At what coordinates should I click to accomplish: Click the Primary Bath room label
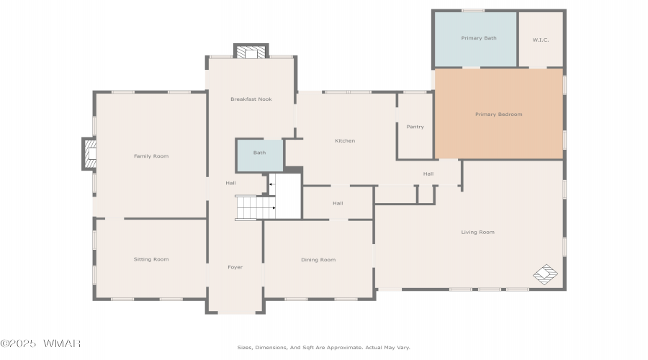479,38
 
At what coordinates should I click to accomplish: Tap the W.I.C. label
541,40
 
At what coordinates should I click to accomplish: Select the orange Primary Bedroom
499,114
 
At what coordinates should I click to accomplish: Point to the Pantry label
415,127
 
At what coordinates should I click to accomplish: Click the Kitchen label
345,141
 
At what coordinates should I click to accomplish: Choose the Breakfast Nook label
251,99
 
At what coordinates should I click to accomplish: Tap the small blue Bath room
260,156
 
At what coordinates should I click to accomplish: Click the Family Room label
151,156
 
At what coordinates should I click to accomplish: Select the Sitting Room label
151,260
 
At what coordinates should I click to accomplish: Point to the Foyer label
235,267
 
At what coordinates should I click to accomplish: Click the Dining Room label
318,260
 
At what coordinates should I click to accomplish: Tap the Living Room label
478,233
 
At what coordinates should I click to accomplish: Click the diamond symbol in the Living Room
545,274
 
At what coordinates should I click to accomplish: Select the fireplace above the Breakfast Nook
251,52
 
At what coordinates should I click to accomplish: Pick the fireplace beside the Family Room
89,154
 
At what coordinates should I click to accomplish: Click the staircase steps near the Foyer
256,207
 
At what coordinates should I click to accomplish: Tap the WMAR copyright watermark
40,343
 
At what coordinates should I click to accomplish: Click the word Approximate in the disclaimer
344,348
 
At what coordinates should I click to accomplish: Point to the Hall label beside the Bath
230,183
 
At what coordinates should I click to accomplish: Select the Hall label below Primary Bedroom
428,174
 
